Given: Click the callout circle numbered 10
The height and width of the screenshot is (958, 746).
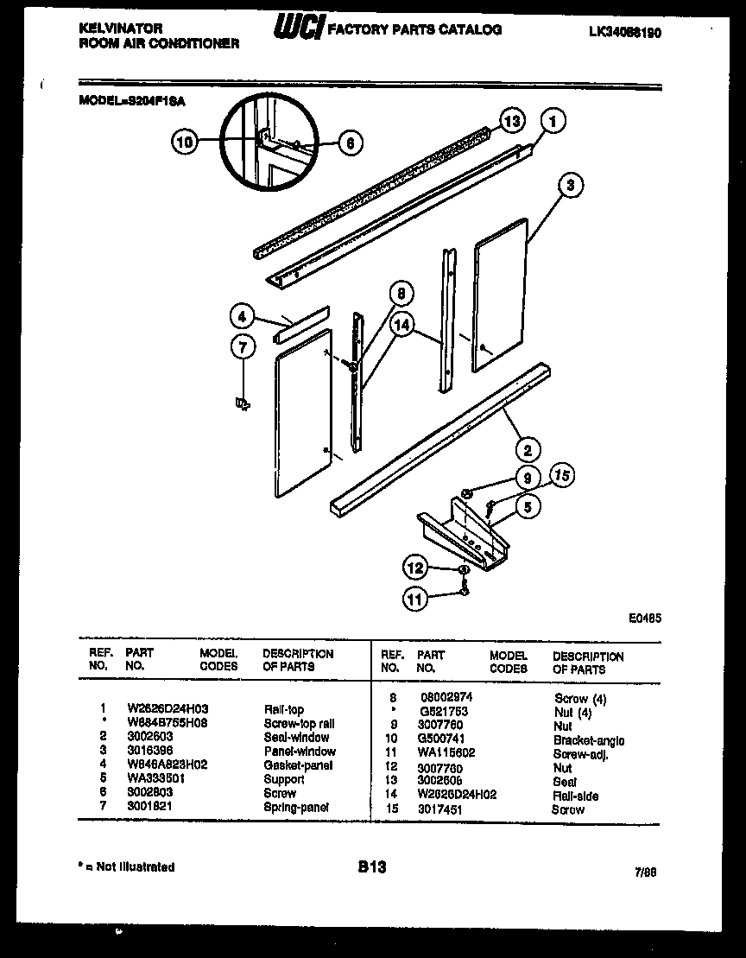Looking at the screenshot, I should click(184, 142).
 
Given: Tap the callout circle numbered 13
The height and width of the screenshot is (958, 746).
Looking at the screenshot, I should click(512, 122).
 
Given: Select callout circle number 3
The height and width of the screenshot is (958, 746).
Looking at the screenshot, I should click(570, 183).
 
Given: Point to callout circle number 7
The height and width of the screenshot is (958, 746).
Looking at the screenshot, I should click(243, 346).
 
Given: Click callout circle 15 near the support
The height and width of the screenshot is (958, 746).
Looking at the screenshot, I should click(561, 474).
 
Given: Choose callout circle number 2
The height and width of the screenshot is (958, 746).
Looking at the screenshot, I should click(527, 448).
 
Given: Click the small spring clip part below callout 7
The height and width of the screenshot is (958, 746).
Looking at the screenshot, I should click(243, 402).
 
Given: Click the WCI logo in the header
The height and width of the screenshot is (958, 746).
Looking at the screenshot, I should click(299, 29).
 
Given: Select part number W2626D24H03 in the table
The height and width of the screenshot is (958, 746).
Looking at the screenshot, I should click(167, 709).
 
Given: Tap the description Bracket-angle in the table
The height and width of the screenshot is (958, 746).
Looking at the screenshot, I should click(590, 740).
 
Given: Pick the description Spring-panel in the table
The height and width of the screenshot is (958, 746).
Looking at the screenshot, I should click(296, 807).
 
